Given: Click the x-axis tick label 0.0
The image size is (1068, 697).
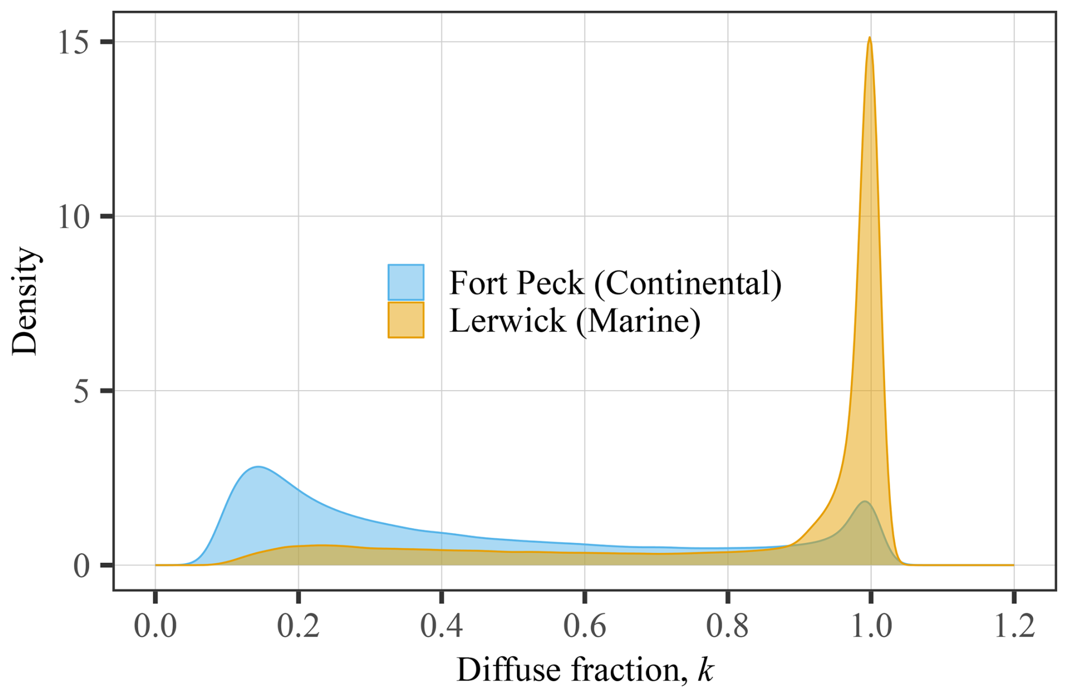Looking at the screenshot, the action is (x=155, y=626).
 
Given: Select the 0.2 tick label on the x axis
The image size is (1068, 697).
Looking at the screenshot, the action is (x=298, y=626).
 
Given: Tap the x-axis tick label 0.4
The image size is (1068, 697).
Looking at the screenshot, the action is (x=441, y=626).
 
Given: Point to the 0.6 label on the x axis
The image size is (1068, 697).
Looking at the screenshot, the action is (x=585, y=626).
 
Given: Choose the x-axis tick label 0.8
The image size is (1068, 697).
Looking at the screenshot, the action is (x=728, y=626).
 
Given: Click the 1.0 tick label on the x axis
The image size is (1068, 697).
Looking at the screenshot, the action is (x=871, y=626).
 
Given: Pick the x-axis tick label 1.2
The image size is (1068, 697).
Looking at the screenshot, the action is (x=1014, y=626).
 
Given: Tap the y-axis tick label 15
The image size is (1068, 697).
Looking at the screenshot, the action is (x=74, y=42).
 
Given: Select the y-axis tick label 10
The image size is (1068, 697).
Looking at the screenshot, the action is (x=74, y=217).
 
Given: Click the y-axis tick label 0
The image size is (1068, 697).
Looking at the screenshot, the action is (x=82, y=565).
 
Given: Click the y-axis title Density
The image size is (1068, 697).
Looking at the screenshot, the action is (x=25, y=301).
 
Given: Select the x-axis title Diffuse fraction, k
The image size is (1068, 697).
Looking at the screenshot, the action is (x=585, y=670).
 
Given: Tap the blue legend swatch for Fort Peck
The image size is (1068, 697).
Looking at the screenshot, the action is (x=406, y=282).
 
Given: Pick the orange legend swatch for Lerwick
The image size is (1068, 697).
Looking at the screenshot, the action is (x=406, y=320).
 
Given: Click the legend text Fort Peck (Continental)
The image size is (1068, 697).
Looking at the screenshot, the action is (x=615, y=283).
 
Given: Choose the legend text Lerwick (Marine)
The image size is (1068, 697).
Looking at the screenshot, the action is (x=575, y=321).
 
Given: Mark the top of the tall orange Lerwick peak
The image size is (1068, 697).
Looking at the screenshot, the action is (x=870, y=37).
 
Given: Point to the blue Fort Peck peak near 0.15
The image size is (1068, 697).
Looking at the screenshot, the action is (x=258, y=467).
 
